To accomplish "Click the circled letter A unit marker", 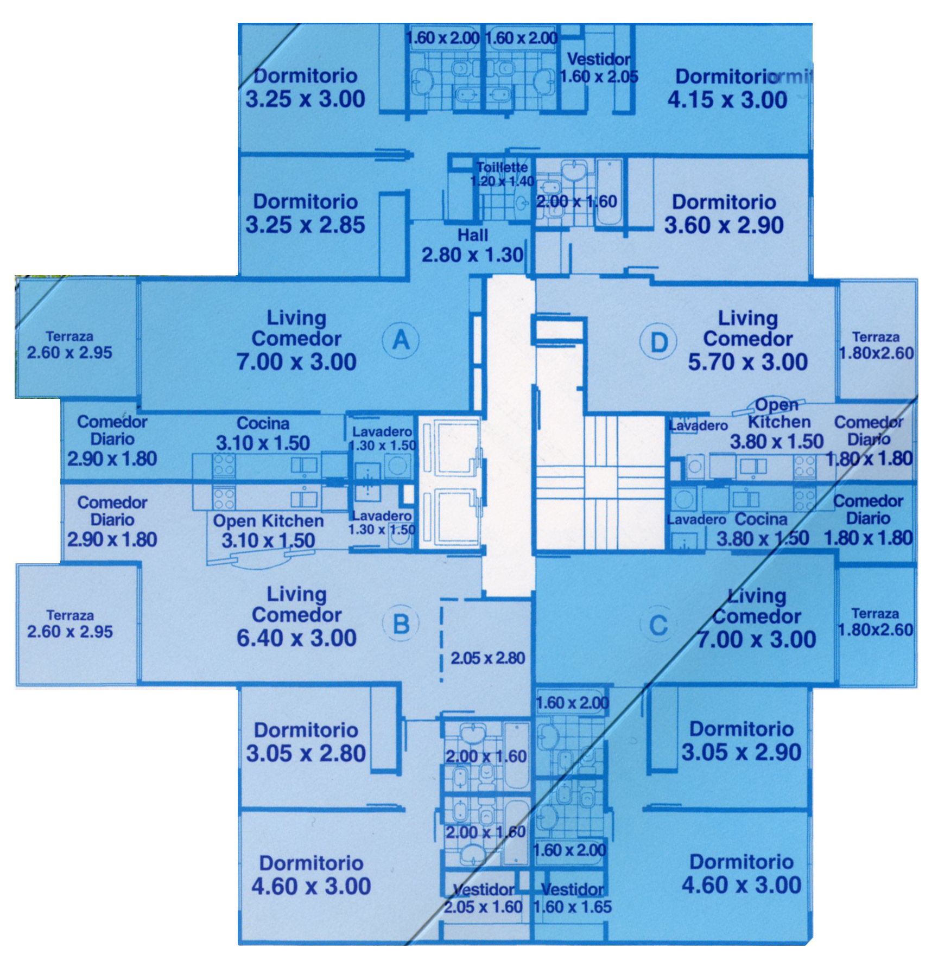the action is point(401,340).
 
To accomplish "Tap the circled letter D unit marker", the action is point(658,342).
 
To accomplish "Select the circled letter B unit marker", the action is point(401,624).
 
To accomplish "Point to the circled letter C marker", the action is point(658,625).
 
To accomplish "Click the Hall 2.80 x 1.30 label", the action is point(473,245).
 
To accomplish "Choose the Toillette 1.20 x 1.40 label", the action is point(502,174).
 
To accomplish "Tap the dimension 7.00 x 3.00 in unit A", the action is point(296,361).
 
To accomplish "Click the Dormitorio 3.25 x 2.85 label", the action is point(306,213).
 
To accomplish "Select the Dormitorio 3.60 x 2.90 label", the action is point(724,214).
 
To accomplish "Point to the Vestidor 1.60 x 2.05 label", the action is point(599,67).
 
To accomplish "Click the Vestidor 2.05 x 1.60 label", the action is point(483,898).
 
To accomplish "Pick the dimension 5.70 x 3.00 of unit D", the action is point(748,362).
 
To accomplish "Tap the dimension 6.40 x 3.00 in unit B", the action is point(296,638).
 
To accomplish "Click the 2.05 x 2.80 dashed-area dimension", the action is point(487,658).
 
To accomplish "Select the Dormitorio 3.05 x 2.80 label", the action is point(306,742).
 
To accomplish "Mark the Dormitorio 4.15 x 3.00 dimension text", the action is point(727,100).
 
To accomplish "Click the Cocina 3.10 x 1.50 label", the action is point(263,434).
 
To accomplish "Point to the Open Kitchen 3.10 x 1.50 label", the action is point(268,531).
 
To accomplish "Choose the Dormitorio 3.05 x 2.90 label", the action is point(741,741).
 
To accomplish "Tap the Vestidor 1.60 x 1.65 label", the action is point(573,898).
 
